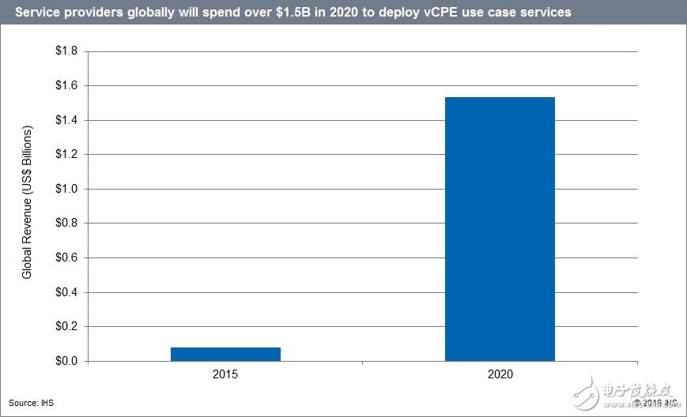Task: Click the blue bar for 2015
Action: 225,354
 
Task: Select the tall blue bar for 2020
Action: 500,229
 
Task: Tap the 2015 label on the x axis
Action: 225,374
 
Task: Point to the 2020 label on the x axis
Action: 500,374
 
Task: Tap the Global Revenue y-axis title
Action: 27,201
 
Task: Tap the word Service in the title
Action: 31,13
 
